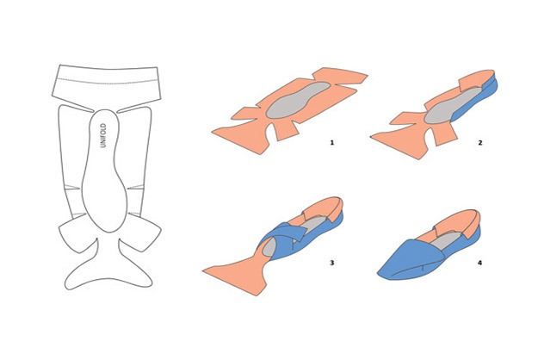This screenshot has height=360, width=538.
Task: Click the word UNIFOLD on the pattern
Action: point(103,135)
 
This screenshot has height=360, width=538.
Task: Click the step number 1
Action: point(331,142)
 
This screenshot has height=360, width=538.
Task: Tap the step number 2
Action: point(480,142)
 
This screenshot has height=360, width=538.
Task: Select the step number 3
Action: point(331,263)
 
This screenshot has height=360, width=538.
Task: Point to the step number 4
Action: point(479,263)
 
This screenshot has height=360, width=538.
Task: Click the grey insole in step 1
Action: point(297,100)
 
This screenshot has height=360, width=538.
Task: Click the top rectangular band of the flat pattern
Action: point(107,84)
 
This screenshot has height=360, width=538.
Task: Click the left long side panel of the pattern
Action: point(71,161)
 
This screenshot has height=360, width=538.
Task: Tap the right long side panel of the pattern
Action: point(139,161)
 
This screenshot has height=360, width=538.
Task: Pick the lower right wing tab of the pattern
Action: point(144,232)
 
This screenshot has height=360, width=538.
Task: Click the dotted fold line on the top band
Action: point(107,82)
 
